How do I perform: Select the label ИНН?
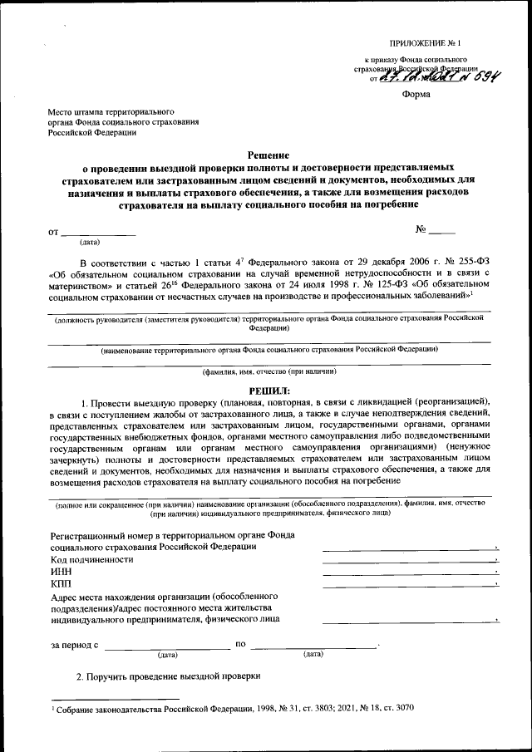coord(61,573)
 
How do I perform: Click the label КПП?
coord(61,585)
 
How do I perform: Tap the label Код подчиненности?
coord(91,560)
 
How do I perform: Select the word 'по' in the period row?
coord(241,644)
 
